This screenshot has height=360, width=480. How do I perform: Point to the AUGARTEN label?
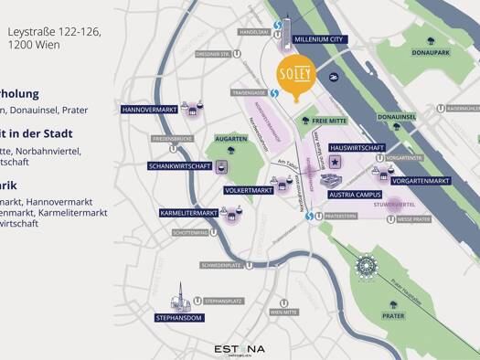tap(231, 138)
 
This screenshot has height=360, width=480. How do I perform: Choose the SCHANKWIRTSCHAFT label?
tap(179, 166)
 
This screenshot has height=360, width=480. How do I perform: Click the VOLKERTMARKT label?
tap(249, 190)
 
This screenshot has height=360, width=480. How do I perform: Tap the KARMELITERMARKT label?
tap(188, 213)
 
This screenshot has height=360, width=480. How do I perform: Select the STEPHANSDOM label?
tap(179, 319)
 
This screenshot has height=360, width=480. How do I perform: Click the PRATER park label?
tap(393, 316)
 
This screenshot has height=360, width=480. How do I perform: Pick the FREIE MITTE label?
tap(328, 120)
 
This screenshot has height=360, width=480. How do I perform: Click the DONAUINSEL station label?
tap(397, 118)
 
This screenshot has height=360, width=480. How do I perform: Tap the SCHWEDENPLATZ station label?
tap(221, 265)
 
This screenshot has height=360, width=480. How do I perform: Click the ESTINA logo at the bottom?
tap(240, 348)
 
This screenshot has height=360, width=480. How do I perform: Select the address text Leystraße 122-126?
tap(54, 31)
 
